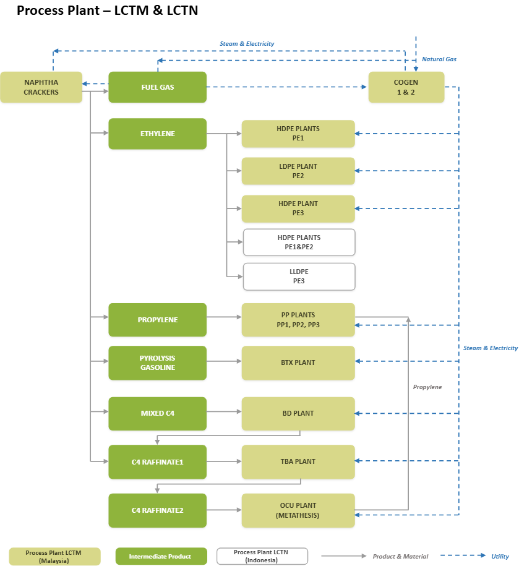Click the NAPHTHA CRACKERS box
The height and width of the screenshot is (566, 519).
[x=41, y=87]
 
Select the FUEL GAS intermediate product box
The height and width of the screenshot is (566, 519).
[x=157, y=87]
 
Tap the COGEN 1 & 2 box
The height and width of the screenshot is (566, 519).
[x=406, y=87]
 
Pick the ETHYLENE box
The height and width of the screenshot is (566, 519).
[x=157, y=134]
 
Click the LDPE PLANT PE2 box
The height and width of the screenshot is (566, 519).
[x=298, y=171]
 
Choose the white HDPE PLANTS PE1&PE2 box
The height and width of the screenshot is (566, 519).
[x=299, y=242]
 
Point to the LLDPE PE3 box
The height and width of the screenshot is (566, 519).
[x=299, y=277]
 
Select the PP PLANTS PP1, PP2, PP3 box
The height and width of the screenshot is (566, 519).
[x=298, y=320]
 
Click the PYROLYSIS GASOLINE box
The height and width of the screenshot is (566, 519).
[x=157, y=362]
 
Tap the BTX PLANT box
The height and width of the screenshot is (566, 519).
[x=298, y=362]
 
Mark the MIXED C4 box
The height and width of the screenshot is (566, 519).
[x=157, y=413]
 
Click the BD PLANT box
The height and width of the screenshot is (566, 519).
[x=298, y=413]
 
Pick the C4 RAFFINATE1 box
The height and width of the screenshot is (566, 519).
[x=157, y=462]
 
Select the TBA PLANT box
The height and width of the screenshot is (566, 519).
[x=298, y=462]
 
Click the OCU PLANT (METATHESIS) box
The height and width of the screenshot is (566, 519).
[x=298, y=510]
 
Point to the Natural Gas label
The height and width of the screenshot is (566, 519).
[x=439, y=59]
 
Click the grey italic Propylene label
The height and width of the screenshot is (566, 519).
[x=427, y=387]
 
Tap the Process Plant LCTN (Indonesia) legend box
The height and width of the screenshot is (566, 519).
[x=262, y=556]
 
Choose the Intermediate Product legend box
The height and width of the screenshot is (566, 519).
[x=161, y=556]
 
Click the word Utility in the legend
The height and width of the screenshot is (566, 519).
[x=500, y=556]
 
